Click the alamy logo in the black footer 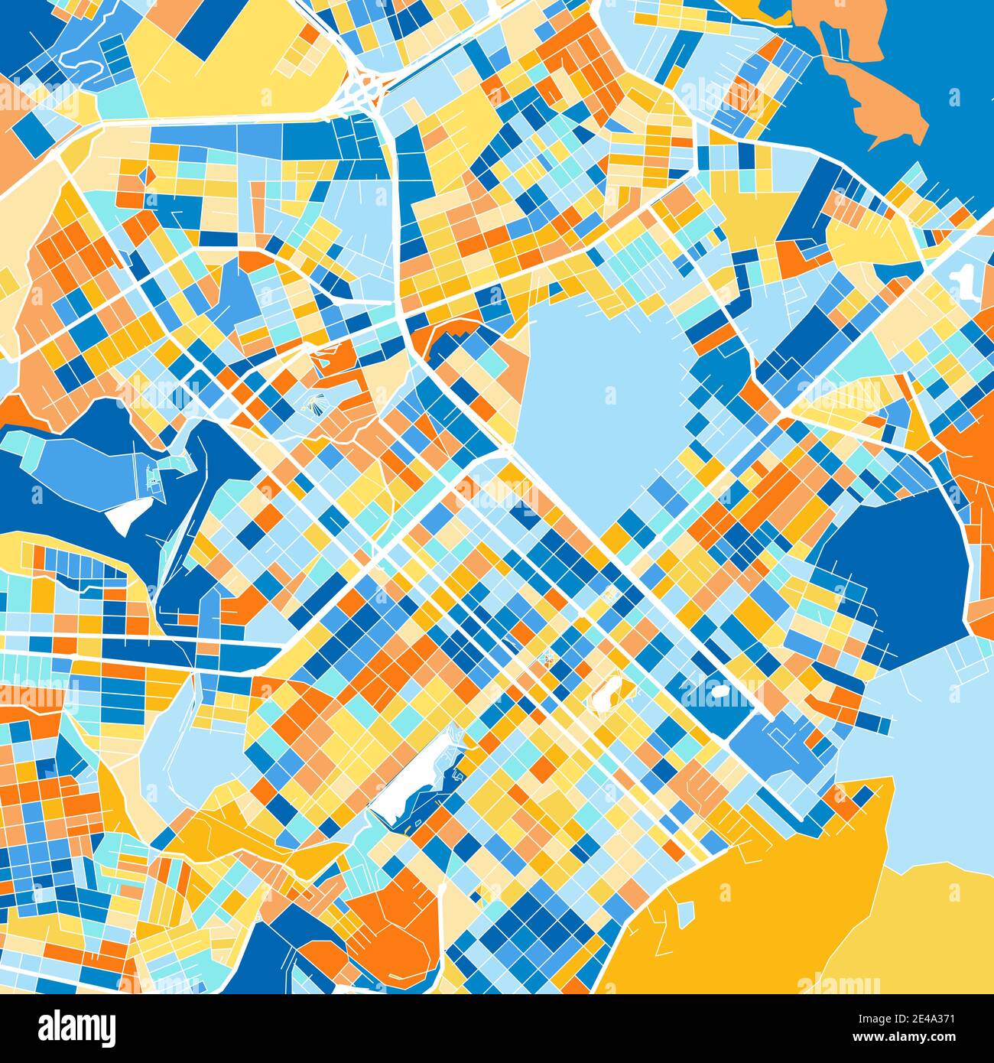78,1027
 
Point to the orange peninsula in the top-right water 879,92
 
